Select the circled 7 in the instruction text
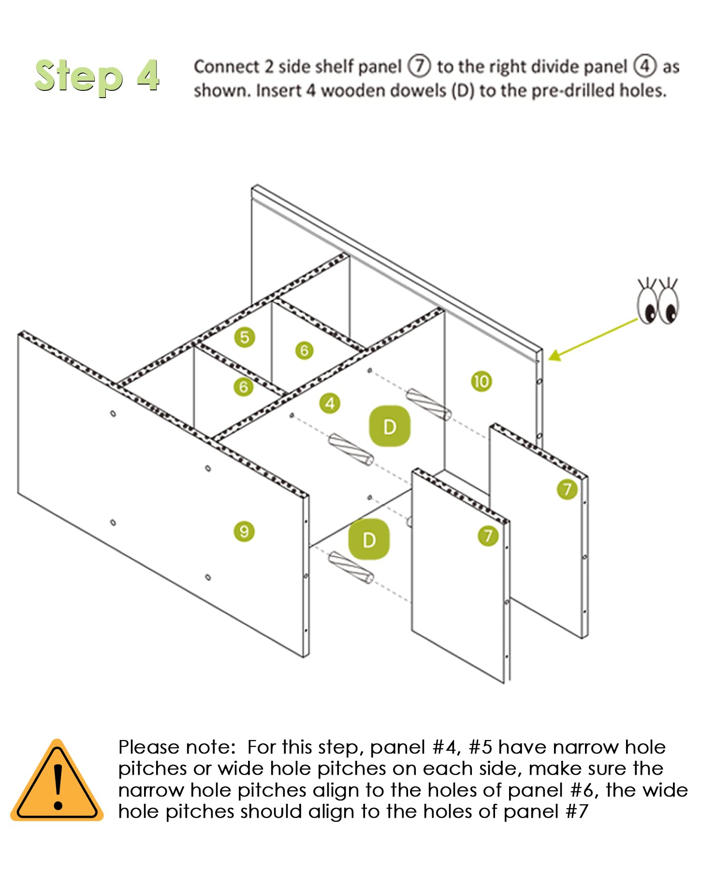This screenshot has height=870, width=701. pos(419,66)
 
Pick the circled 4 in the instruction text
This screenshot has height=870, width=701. pos(645,66)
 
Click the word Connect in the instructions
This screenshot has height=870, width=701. pos(226,67)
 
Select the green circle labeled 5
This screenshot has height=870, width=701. pos(245,337)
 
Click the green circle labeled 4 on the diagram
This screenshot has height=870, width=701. pos(330,403)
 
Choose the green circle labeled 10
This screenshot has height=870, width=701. pos(481,381)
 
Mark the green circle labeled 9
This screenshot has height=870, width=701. pos(244,532)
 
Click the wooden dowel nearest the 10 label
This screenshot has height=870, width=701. pos(428,404)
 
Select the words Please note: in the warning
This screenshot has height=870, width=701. pos(176,748)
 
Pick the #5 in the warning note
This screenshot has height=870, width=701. pos(480,748)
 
